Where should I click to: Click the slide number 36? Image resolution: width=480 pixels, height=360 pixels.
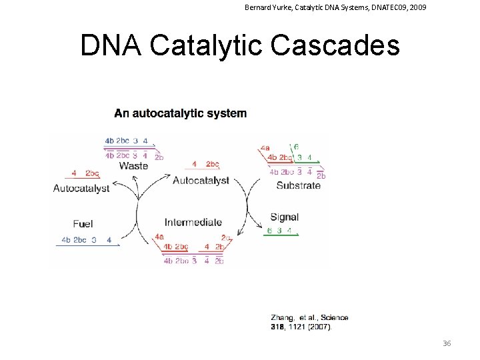447,343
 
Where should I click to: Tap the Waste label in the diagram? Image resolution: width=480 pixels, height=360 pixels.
133,165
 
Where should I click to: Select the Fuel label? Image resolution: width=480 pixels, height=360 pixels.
84,223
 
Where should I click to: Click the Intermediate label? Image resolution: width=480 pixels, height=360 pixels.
193,223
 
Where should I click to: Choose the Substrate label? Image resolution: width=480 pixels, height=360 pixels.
298,185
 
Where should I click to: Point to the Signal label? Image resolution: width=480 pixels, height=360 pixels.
285,217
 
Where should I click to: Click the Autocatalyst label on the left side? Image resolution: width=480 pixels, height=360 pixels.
81,188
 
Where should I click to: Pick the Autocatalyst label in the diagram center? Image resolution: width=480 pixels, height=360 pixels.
201,180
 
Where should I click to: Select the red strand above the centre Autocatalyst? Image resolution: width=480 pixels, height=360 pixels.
204,170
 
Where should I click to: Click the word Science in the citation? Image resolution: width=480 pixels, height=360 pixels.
333,318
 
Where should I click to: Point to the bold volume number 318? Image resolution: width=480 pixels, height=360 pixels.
278,327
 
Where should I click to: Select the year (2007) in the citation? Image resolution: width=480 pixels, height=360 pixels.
319,327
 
